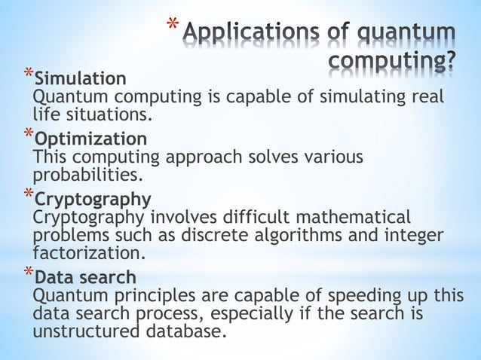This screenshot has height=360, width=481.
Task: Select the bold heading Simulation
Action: coord(81,78)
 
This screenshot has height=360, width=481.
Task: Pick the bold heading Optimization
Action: coord(91,139)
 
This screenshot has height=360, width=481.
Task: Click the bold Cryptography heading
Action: coord(93,200)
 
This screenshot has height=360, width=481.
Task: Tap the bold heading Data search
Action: coord(85,276)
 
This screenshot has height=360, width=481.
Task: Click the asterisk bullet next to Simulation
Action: coord(28,75)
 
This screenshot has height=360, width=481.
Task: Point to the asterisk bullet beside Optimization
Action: coord(28,136)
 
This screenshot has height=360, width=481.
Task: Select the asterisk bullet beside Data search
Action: coord(28,273)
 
